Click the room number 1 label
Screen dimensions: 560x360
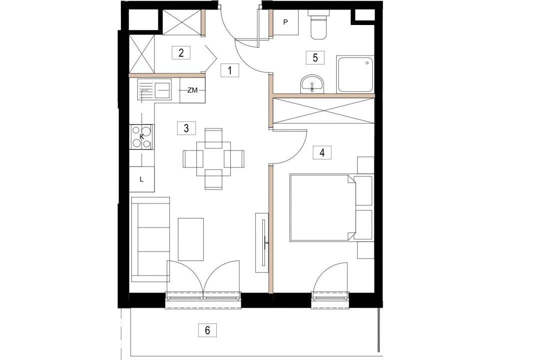click(230, 70)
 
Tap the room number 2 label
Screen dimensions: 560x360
click(181, 53)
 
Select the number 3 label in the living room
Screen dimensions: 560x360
click(186, 128)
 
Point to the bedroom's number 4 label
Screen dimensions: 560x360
click(322, 152)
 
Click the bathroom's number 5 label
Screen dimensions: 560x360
click(315, 57)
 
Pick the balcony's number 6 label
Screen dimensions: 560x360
click(207, 330)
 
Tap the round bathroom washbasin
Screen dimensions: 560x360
click(312, 84)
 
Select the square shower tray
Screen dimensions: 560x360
click(355, 74)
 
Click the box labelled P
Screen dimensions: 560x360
click(286, 22)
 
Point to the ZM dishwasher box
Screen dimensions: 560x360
click(192, 90)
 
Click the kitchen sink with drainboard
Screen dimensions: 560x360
click(154, 89)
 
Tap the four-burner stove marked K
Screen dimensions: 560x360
click(142, 137)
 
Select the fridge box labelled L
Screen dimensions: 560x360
click(142, 179)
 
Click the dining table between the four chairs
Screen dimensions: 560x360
click(214, 158)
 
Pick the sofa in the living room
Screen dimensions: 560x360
click(150, 239)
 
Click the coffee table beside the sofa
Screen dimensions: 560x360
click(191, 239)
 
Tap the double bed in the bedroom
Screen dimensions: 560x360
click(322, 207)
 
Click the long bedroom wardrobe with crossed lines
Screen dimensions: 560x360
click(324, 111)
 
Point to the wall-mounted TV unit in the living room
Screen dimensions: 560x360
click(262, 242)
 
